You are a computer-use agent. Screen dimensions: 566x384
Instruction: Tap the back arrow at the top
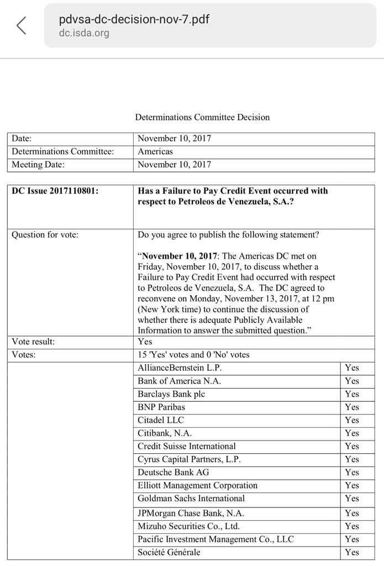(22, 25)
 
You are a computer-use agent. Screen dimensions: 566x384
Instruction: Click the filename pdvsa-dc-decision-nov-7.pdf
(134, 19)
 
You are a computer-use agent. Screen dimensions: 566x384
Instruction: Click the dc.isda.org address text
(84, 33)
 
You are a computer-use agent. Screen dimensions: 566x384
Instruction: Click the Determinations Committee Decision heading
(202, 117)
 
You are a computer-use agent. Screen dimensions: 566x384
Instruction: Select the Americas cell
(155, 151)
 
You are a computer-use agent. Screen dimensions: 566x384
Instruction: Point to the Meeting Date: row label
(38, 165)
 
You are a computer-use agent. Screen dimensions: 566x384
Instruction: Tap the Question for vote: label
(45, 235)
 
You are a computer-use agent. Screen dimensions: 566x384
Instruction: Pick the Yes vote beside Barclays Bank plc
(351, 394)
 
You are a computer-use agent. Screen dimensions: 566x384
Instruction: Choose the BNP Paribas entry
(161, 407)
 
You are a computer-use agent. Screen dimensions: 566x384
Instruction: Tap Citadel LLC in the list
(161, 420)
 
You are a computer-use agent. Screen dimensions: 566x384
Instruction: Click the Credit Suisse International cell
(187, 447)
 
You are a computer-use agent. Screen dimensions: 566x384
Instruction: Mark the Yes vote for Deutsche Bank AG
(351, 473)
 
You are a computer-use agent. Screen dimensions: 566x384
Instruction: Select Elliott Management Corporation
(197, 486)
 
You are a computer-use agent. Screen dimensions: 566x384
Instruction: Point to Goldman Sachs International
(191, 499)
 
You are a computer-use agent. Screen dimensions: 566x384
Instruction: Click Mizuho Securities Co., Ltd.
(188, 526)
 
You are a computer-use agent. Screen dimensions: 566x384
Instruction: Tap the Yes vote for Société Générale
(351, 552)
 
